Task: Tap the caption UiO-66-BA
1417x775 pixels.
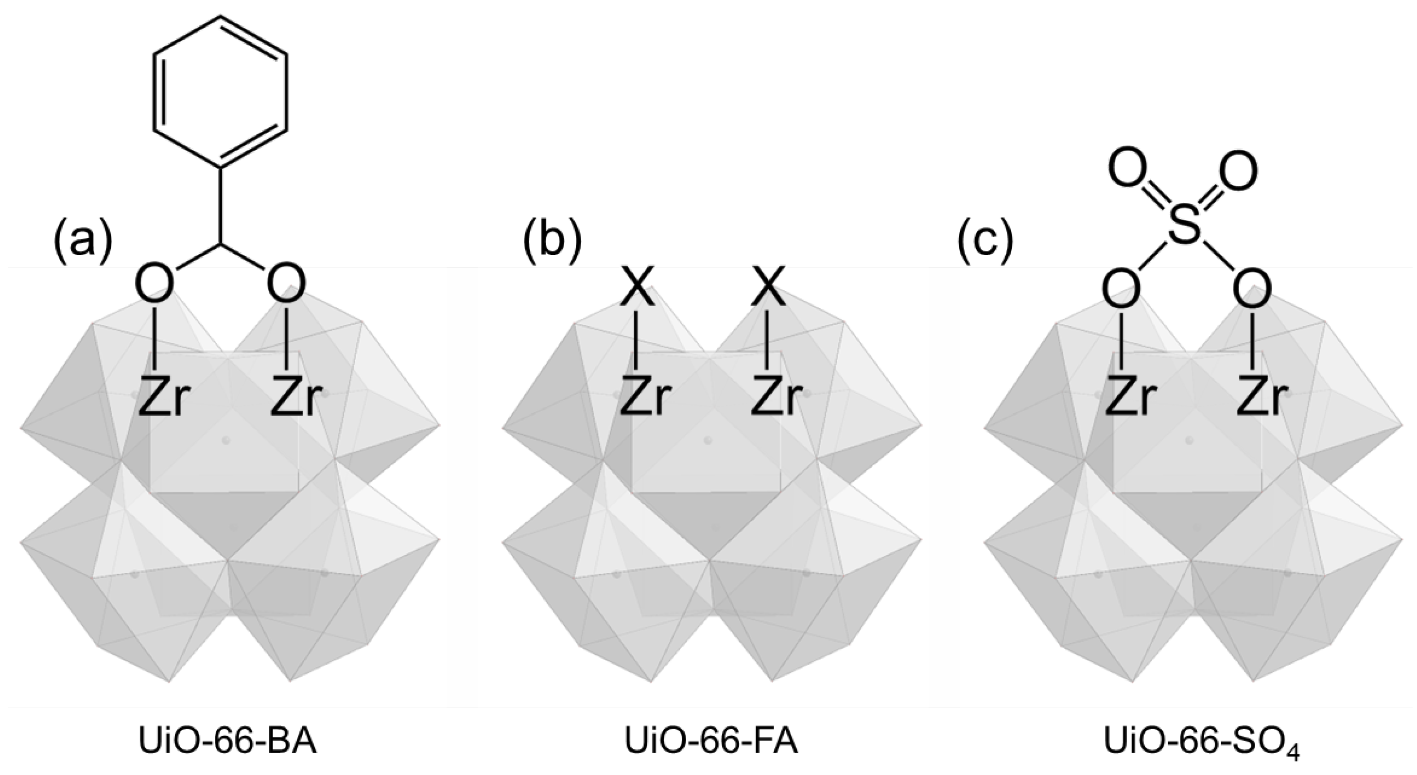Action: pos(228,741)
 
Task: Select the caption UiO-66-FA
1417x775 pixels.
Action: pos(711,741)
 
